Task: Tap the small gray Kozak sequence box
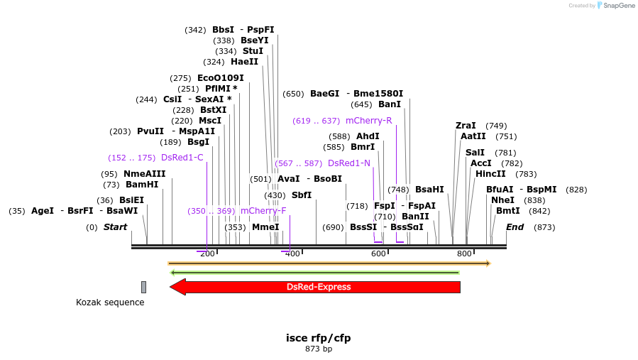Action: point(143,287)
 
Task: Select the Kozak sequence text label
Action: point(110,302)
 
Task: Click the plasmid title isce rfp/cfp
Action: point(319,337)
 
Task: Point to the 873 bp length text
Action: point(319,349)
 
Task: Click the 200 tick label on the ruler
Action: point(207,253)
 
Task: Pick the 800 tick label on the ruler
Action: point(464,253)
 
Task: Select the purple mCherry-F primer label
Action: point(263,211)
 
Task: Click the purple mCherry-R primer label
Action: point(368,121)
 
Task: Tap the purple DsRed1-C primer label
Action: point(182,158)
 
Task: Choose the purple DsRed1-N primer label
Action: point(349,163)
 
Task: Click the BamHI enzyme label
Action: point(142,185)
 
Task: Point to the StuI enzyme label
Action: point(253,51)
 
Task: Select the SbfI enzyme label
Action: point(302,195)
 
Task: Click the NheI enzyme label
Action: point(502,200)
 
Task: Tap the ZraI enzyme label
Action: point(466,126)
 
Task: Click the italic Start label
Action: point(115,227)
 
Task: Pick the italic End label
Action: point(515,227)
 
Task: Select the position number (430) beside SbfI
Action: point(275,195)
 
